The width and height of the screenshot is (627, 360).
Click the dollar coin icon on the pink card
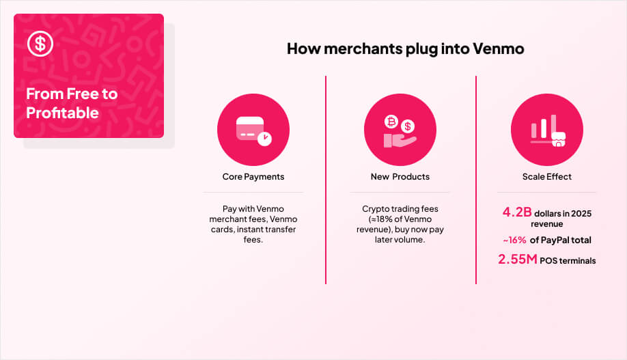(40, 44)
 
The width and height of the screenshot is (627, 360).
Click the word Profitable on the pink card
(62, 113)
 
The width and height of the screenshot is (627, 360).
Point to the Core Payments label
(253, 177)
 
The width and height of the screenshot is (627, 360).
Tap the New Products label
(400, 177)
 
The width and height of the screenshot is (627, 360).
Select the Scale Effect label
(546, 177)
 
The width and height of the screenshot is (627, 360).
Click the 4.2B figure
(516, 212)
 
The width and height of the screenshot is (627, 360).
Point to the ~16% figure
(515, 240)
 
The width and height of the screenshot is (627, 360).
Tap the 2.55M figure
(517, 260)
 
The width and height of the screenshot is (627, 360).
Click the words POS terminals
(568, 261)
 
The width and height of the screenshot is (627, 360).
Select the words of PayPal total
(561, 240)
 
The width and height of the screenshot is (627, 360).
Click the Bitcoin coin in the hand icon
(392, 122)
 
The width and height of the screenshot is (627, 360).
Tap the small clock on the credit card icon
(265, 138)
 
